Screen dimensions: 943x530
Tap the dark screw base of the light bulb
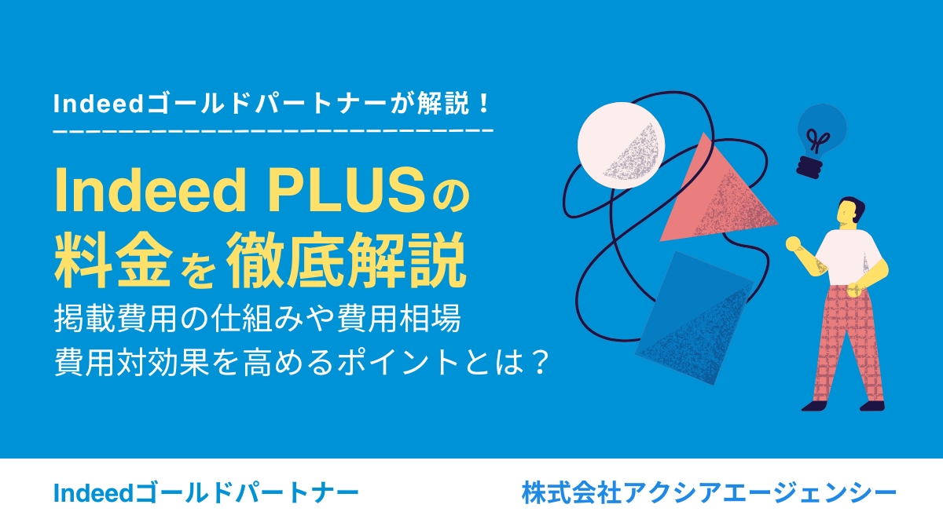[809, 167]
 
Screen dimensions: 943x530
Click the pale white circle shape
[621, 145]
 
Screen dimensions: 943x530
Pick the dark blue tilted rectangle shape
[695, 318]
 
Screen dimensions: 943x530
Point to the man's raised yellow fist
[793, 243]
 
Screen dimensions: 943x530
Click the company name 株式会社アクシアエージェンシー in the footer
[709, 493]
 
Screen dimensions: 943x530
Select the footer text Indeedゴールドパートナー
[206, 493]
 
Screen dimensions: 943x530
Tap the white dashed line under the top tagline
[273, 131]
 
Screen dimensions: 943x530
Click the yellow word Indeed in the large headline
[150, 191]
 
